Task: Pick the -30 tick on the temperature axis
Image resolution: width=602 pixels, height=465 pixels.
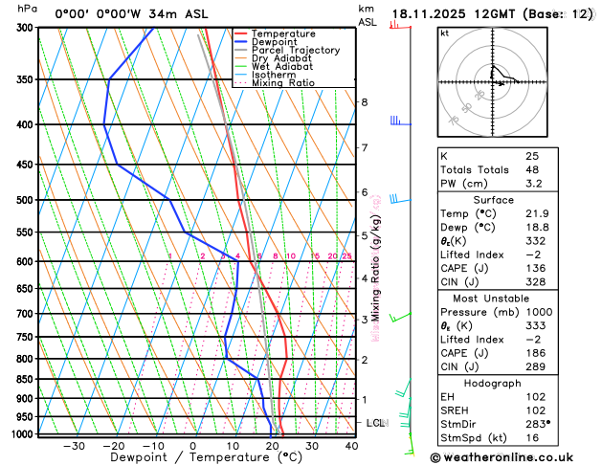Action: tap(73, 445)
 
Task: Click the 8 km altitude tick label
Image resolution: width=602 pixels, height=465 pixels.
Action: tap(364, 102)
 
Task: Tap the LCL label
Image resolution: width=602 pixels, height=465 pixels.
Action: tap(376, 422)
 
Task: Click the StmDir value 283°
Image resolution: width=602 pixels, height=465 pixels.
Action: tap(538, 423)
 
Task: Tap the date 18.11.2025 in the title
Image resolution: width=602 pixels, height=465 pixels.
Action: tap(435, 14)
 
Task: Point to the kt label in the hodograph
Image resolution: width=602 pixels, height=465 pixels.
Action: tap(444, 33)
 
